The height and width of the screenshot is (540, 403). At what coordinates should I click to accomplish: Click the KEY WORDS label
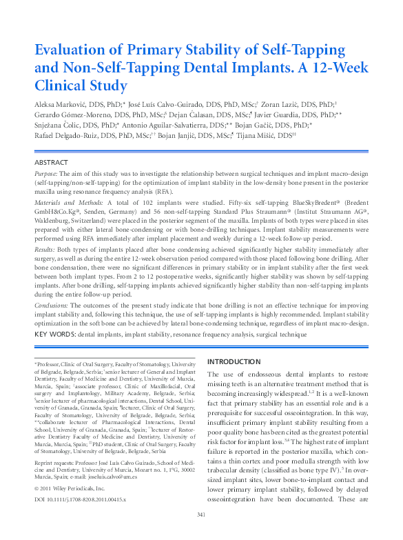coord(54,334)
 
